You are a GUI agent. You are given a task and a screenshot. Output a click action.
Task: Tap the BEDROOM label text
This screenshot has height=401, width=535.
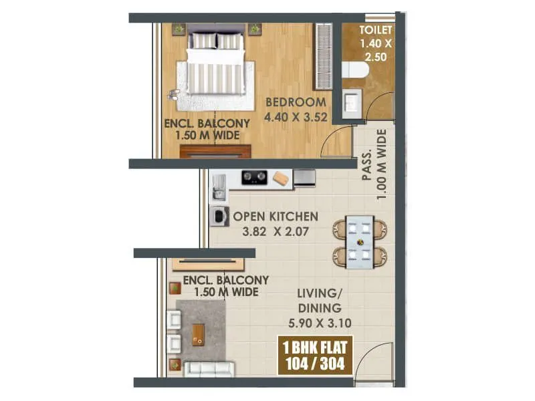(296, 102)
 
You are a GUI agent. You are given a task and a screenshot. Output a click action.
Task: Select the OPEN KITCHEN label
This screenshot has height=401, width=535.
(275, 217)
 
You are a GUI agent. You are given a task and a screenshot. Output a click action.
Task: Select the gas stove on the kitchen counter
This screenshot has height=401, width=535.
(254, 178)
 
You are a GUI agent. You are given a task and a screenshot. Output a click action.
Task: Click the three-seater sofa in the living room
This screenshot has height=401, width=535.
(209, 368)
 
